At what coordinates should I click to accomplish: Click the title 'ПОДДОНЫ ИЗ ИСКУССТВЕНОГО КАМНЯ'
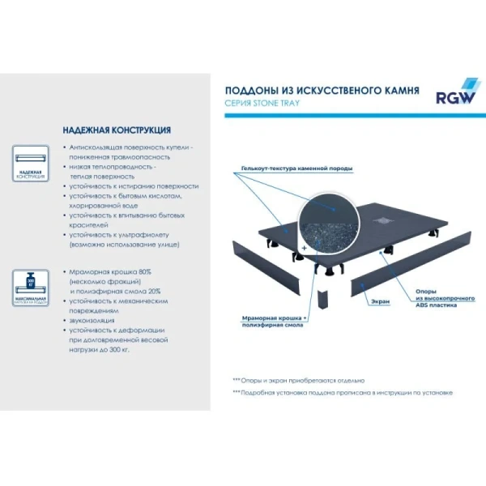[x=322, y=91]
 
